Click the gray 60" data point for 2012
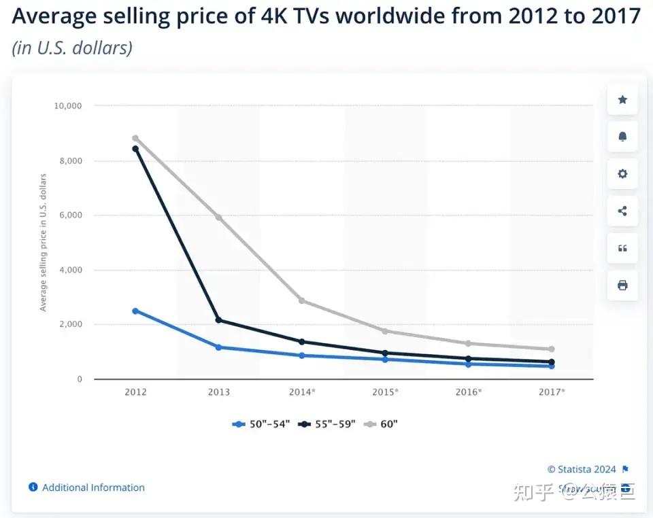click(x=135, y=139)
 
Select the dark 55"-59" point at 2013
click(x=218, y=320)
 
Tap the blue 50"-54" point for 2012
click(x=135, y=311)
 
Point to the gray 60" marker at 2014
click(x=301, y=300)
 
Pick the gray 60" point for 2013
click(x=218, y=218)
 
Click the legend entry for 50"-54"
click(x=261, y=424)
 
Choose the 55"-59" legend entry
click(x=326, y=424)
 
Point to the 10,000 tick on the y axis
click(x=67, y=106)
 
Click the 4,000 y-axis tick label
click(x=69, y=270)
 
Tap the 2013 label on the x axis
click(x=218, y=392)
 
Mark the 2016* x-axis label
click(x=468, y=392)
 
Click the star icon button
click(x=622, y=100)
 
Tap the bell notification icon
click(x=622, y=137)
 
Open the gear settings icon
click(x=622, y=174)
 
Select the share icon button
click(x=622, y=211)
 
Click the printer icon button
click(x=622, y=285)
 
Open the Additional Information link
click(x=93, y=487)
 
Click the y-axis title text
click(x=44, y=243)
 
